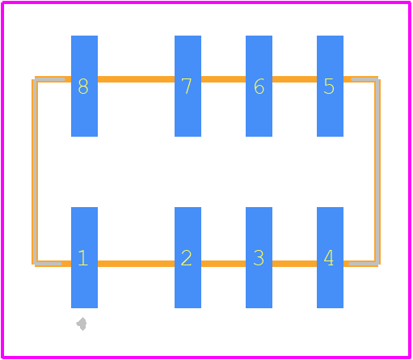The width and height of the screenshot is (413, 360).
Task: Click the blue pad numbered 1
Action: tap(84, 257)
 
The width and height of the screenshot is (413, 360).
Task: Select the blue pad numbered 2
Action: tap(188, 257)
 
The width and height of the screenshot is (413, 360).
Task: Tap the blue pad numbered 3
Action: tap(259, 257)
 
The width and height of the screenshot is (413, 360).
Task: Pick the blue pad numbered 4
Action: tap(330, 257)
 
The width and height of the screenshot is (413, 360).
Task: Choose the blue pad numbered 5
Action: tap(330, 86)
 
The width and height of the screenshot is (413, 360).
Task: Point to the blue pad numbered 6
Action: tap(259, 86)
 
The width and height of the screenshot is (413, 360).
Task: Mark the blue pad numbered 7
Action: tap(188, 86)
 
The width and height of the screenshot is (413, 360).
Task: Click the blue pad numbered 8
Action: tap(84, 86)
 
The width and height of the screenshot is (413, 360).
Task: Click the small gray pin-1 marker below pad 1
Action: tap(82, 324)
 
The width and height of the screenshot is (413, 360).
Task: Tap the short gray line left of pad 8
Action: tap(50, 79)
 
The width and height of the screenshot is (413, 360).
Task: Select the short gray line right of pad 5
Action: tap(365, 79)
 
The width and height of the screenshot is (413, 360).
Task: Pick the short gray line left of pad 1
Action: tap(48, 264)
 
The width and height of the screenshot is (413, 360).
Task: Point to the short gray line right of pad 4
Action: tap(364, 264)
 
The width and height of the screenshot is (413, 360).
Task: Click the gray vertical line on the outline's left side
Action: tap(36, 172)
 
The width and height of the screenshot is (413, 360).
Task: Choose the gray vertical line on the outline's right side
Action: tap(377, 172)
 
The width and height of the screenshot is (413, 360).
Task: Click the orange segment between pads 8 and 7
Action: tap(136, 79)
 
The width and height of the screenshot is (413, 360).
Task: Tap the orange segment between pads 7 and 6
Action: tap(223, 79)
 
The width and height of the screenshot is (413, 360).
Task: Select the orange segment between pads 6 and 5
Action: tap(294, 79)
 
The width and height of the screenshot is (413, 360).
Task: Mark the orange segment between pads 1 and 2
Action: tap(136, 264)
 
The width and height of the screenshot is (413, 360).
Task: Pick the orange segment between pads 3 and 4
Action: tap(294, 264)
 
